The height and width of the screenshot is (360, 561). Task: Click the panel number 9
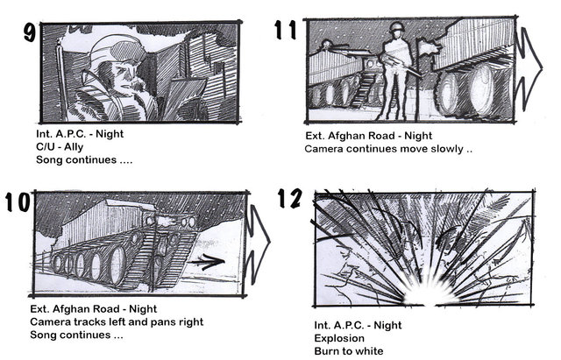point(30,32)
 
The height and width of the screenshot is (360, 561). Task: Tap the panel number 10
point(18,202)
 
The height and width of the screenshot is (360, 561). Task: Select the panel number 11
point(286,30)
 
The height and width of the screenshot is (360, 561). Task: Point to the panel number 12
point(290,199)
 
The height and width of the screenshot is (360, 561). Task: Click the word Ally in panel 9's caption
point(74,147)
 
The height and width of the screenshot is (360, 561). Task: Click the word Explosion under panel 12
point(339,338)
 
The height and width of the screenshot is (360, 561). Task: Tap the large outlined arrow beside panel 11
point(529,68)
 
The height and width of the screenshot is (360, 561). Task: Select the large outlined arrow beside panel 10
point(259,244)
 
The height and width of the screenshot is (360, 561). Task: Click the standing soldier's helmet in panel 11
point(396,27)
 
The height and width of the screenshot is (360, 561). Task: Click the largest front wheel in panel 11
point(482,90)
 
